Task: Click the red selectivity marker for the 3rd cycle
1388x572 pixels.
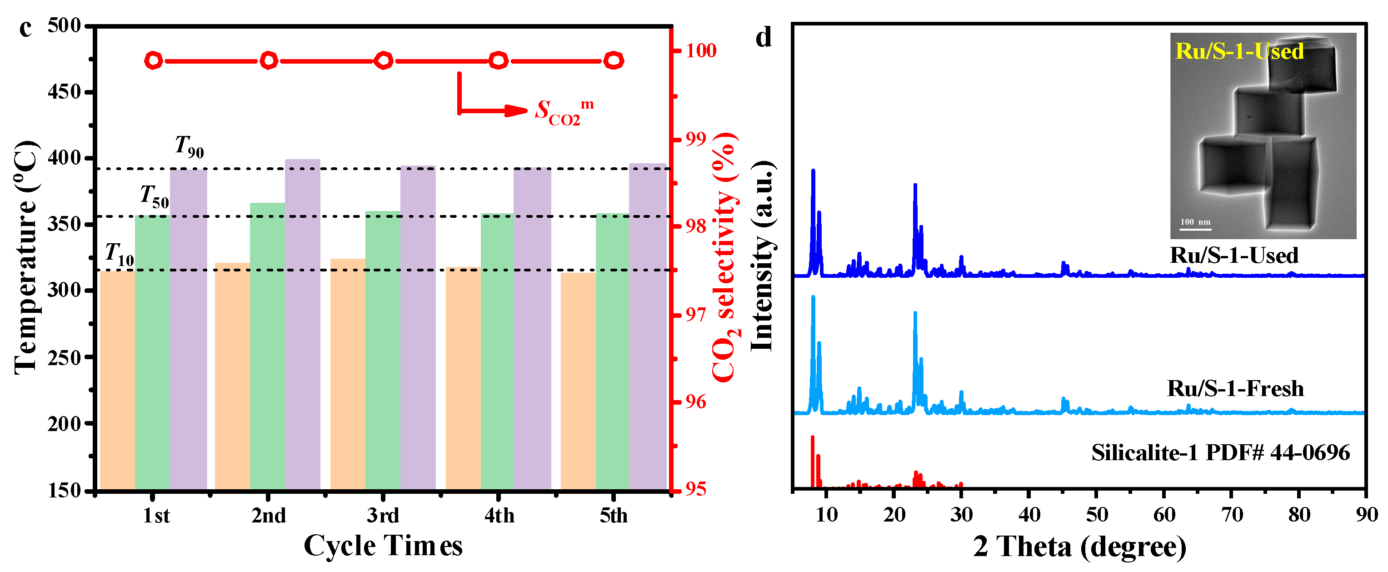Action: [x=383, y=60]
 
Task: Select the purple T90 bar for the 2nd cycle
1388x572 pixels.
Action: [x=302, y=323]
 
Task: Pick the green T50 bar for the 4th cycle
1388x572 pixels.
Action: [x=497, y=351]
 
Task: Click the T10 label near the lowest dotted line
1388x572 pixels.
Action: [x=119, y=255]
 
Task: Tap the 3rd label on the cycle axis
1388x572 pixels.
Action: [x=383, y=516]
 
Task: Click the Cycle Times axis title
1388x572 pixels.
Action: [x=383, y=546]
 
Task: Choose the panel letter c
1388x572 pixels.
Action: [x=25, y=28]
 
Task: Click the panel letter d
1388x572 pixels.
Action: [x=764, y=38]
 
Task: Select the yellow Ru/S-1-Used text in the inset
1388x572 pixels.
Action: [x=1239, y=51]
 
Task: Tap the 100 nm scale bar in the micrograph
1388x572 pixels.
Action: [x=1195, y=229]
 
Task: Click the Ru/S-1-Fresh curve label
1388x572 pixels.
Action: [x=1235, y=388]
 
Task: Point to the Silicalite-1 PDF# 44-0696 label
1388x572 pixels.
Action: [x=1220, y=452]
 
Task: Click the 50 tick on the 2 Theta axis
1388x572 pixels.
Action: [x=1097, y=515]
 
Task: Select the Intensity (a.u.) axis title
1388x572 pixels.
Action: [x=763, y=256]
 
